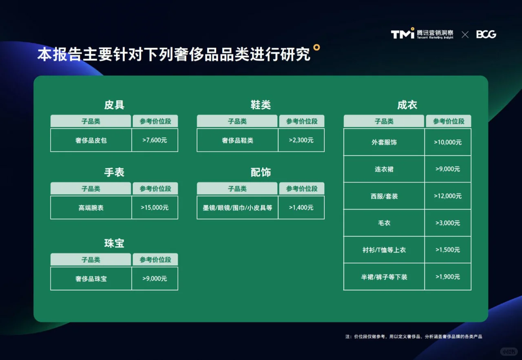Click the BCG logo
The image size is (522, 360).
[486, 35]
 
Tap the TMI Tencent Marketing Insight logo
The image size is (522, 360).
[422, 34]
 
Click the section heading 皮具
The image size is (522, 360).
[114, 105]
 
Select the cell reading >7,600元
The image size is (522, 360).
[155, 140]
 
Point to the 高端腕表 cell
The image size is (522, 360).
[91, 208]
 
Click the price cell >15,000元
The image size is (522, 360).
[155, 208]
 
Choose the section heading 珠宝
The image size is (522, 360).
[114, 243]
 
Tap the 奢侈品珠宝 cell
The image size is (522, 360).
[91, 279]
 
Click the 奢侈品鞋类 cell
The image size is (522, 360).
[237, 140]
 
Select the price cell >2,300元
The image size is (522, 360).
[301, 140]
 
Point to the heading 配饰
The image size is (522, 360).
[261, 172]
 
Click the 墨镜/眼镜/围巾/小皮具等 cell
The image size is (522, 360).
[237, 208]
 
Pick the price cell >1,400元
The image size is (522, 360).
[301, 208]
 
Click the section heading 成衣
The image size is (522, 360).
[407, 105]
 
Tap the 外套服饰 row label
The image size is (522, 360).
[384, 142]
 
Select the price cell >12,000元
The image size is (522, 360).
[448, 196]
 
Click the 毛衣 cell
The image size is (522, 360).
[384, 223]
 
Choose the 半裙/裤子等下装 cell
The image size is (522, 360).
[384, 277]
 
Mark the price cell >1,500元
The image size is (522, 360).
[448, 250]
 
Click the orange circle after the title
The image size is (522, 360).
[316, 47]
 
